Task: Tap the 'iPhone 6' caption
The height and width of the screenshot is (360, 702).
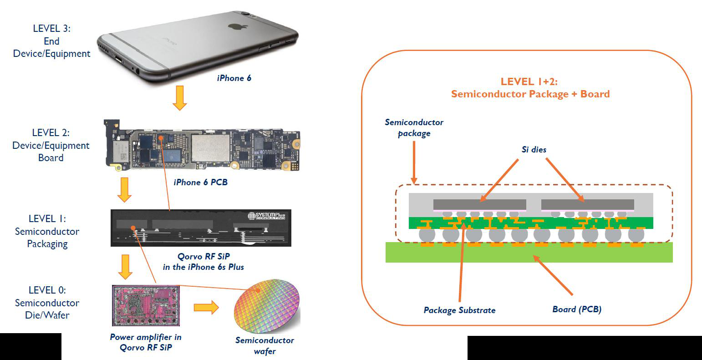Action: point(234,78)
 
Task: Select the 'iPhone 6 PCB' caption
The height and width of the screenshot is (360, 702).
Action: point(200,183)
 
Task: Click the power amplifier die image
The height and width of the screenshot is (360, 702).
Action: point(146,305)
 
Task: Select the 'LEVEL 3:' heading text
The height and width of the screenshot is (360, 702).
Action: point(51,28)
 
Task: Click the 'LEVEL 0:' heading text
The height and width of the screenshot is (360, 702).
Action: point(47,290)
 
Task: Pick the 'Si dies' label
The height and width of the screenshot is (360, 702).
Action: point(534,150)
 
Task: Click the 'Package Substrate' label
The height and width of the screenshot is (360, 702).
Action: point(459,310)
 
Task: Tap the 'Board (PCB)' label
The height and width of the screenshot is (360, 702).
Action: point(577,309)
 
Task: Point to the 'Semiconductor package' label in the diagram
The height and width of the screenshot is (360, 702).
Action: point(414,128)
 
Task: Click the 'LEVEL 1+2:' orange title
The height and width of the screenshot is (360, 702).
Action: point(529,82)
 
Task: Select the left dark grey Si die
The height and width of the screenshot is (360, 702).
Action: point(479,204)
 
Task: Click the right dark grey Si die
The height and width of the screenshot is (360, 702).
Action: point(587,204)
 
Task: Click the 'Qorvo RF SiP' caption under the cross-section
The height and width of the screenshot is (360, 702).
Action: point(203,256)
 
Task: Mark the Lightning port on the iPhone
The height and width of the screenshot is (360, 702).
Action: point(118,60)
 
